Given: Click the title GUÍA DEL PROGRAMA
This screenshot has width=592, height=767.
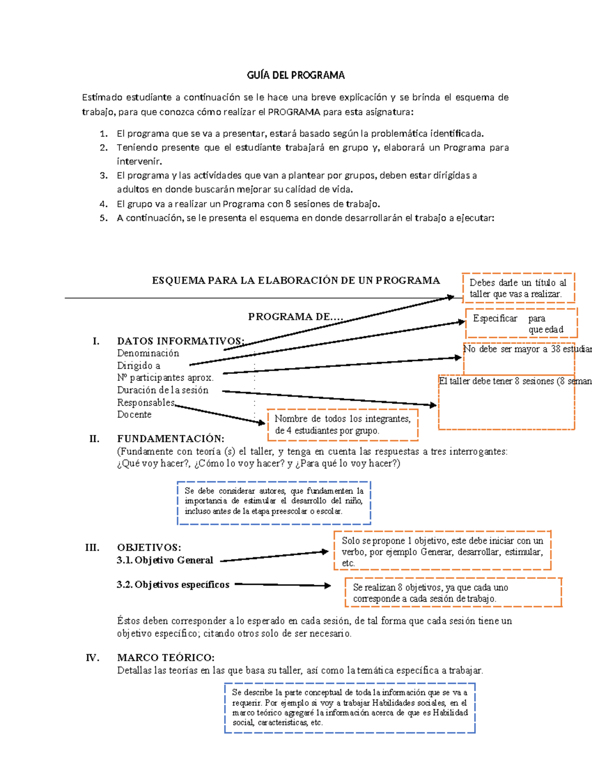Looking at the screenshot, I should [296, 75].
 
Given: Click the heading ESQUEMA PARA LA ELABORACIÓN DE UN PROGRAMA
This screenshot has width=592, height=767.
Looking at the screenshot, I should [296, 281].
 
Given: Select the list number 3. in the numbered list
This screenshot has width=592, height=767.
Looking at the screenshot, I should [104, 175].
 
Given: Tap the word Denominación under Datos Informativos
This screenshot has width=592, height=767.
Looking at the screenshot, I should [148, 353].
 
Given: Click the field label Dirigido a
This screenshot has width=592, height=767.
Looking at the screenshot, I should [139, 365].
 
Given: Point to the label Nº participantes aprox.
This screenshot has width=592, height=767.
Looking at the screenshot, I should [165, 378].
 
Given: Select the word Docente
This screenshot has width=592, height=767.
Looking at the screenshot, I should [134, 414].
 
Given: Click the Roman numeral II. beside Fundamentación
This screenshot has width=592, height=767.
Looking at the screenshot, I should [94, 439].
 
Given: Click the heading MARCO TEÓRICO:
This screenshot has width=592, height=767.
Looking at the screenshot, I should [166, 657].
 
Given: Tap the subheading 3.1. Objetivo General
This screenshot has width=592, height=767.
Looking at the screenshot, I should [165, 560].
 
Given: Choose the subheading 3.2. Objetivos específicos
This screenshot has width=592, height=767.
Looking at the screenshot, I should [173, 584].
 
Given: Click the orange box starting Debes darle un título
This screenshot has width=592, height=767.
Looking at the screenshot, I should [518, 288].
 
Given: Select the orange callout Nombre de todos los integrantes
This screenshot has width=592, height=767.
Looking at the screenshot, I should [342, 424].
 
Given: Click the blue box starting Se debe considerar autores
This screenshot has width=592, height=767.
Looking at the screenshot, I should [274, 502].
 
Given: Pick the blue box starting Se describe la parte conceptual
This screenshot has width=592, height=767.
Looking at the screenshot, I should [350, 707].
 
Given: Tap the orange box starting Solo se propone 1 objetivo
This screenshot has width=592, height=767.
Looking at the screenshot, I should [442, 551].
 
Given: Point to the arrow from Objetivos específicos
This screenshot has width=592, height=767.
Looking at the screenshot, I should [283, 585].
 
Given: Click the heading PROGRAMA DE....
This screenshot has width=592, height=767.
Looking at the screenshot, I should [295, 317].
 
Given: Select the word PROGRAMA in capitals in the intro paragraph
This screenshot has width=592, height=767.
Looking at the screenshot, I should [294, 112].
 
